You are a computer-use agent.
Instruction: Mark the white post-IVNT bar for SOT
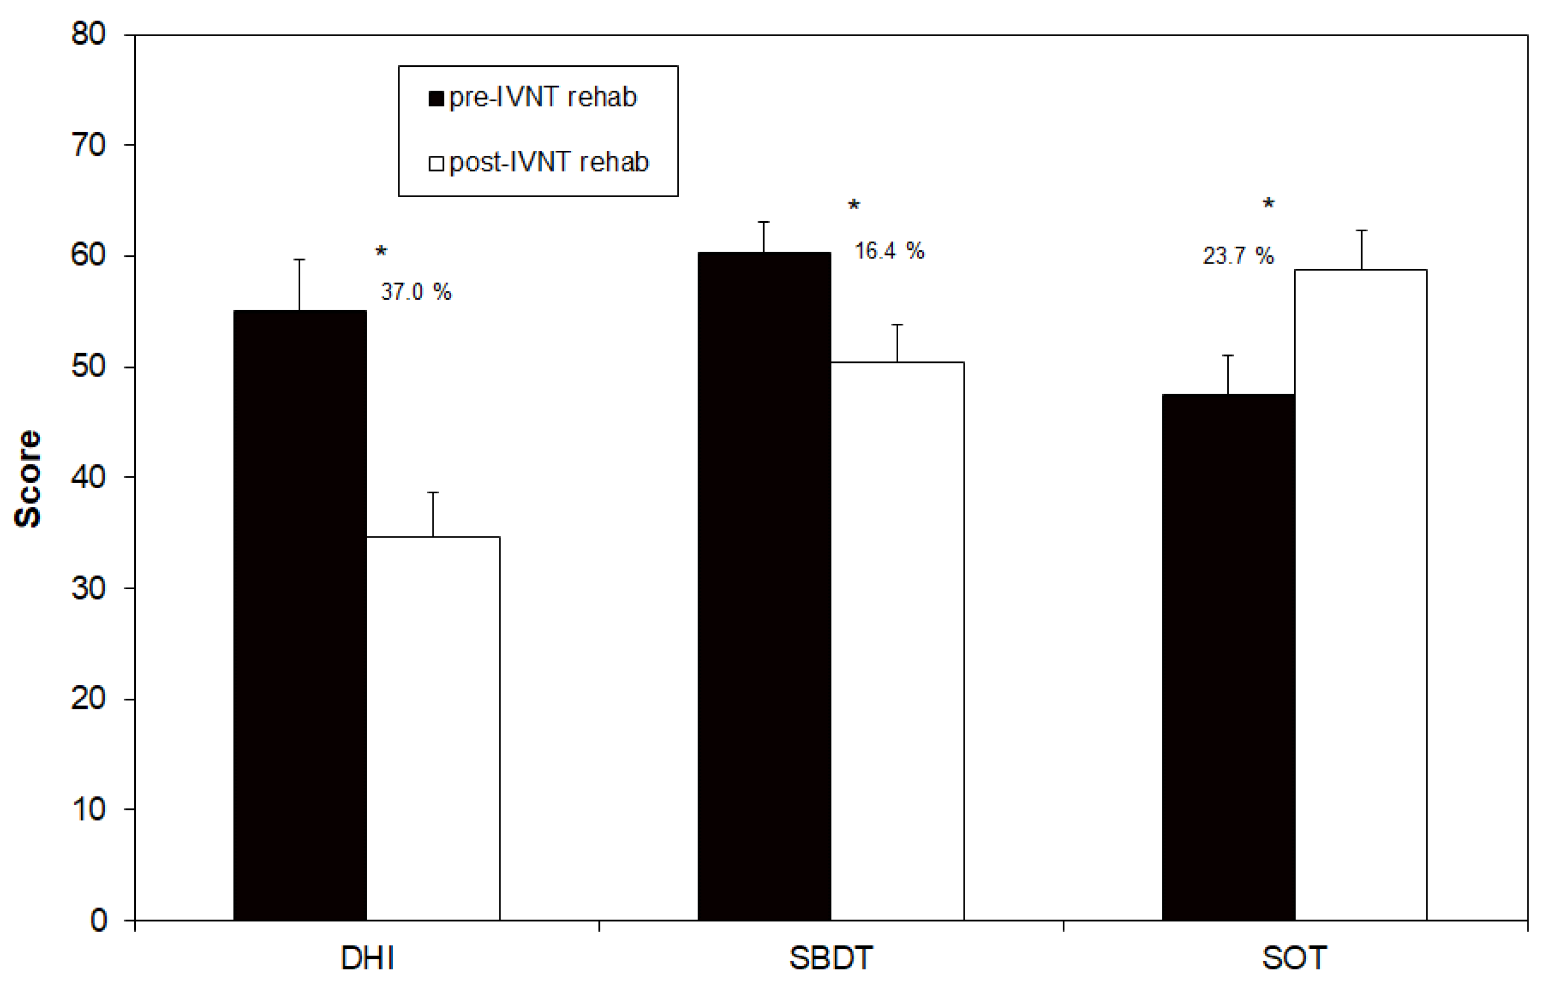(1361, 594)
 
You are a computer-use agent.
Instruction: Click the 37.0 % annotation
(416, 292)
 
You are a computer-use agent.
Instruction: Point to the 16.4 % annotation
(890, 250)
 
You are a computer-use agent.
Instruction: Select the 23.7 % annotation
(1238, 255)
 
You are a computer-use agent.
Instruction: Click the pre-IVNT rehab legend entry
(533, 98)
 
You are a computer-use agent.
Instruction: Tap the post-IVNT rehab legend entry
(539, 162)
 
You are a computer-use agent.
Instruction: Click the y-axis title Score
(28, 478)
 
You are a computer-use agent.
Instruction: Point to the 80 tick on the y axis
(89, 34)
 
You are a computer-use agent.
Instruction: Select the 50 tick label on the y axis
(89, 367)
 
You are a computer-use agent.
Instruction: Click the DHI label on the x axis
(367, 958)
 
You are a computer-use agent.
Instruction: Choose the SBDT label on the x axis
(831, 958)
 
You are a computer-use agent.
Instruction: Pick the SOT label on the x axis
(1295, 958)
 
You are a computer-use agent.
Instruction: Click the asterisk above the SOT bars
(1268, 205)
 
